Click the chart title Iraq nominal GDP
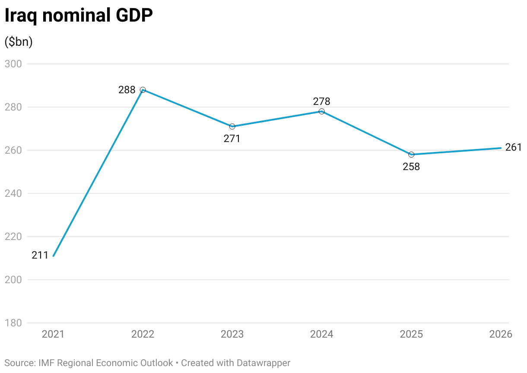click(x=79, y=16)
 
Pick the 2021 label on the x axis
click(x=53, y=335)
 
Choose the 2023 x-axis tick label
click(x=232, y=335)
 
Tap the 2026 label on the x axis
click(x=500, y=335)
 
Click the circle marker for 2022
click(x=143, y=90)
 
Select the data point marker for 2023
click(x=232, y=126)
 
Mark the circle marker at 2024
click(x=322, y=111)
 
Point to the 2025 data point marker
click(x=411, y=155)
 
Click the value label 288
click(x=127, y=90)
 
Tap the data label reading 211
click(x=40, y=255)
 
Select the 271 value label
click(x=232, y=139)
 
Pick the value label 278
click(x=322, y=101)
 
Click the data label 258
click(x=411, y=167)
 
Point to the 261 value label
click(x=514, y=147)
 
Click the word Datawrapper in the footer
click(x=263, y=363)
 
